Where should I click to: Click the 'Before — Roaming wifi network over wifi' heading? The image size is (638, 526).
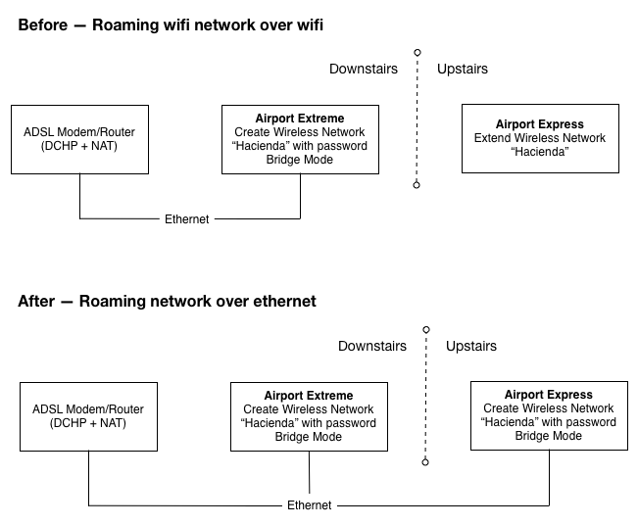point(171,24)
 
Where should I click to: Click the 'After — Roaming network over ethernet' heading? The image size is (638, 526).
point(167,302)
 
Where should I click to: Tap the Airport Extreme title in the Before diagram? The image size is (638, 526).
point(300,119)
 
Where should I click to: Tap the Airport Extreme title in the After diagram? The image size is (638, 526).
point(309,396)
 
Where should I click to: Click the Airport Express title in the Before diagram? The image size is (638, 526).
point(540,124)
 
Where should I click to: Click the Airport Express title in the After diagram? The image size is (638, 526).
point(549,395)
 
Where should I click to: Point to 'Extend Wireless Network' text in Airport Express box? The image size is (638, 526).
point(540,138)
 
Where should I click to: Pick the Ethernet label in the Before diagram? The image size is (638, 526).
point(187,219)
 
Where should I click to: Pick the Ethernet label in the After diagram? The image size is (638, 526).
point(310,505)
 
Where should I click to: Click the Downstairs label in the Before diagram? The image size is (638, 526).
point(364,69)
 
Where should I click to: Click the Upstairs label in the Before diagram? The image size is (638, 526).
point(463,70)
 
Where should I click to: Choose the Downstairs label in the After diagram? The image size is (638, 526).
point(372,346)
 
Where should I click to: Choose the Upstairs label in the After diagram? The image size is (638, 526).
point(471,346)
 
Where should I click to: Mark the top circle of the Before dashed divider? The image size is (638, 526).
point(417,53)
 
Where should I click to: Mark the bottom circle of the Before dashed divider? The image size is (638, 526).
point(417,185)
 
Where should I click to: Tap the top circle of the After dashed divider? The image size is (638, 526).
point(426,329)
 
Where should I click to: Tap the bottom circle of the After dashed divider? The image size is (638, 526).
point(425,462)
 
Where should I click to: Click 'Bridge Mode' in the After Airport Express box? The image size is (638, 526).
point(549,436)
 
